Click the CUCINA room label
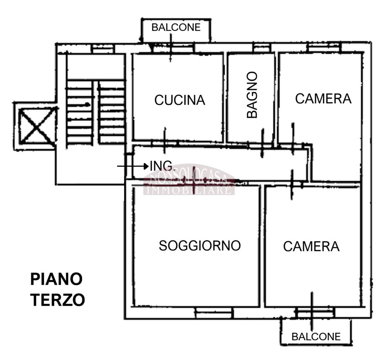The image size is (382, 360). click(180, 100)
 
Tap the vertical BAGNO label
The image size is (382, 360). click(252, 95)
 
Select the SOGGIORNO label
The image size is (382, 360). click(200, 246)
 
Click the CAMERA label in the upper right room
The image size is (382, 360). click(323, 99)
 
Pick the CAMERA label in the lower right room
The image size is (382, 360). click(311, 247)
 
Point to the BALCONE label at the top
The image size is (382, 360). click(176, 27)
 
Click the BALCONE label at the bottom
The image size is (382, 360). click(316, 337)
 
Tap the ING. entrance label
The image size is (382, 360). click(162, 166)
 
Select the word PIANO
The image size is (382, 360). click(56, 280)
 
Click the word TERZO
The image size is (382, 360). click(57, 300)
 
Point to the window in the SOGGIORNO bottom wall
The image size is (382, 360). click(214, 312)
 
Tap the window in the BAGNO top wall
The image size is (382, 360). click(262, 47)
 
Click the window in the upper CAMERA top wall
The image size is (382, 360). click(323, 47)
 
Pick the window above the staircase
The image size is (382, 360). click(103, 48)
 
